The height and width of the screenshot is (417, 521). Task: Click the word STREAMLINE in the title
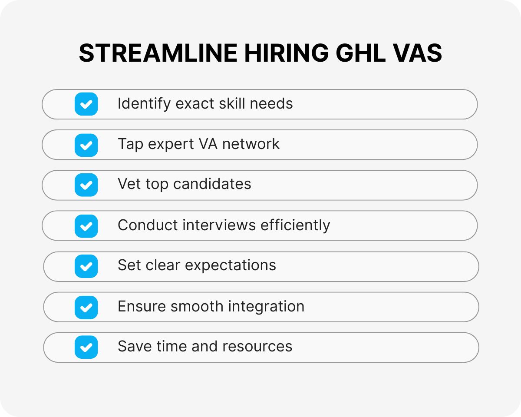point(158,54)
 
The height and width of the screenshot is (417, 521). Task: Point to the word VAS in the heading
point(418,54)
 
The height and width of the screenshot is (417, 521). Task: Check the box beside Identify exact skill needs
point(86,104)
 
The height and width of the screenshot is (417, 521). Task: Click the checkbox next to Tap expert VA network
point(86,145)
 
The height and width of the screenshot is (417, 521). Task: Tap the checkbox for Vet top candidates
point(86,185)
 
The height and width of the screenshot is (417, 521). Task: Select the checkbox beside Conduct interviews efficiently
point(86,226)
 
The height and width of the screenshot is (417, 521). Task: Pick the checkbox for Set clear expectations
point(86,266)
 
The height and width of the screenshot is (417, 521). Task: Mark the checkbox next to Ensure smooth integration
point(86,307)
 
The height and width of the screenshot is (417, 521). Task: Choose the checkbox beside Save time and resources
point(86,347)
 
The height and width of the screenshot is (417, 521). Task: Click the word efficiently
point(295,225)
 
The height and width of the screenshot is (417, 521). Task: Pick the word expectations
point(236,265)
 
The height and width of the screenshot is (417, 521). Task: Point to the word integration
point(266,306)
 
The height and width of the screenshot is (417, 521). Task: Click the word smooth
point(197,306)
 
